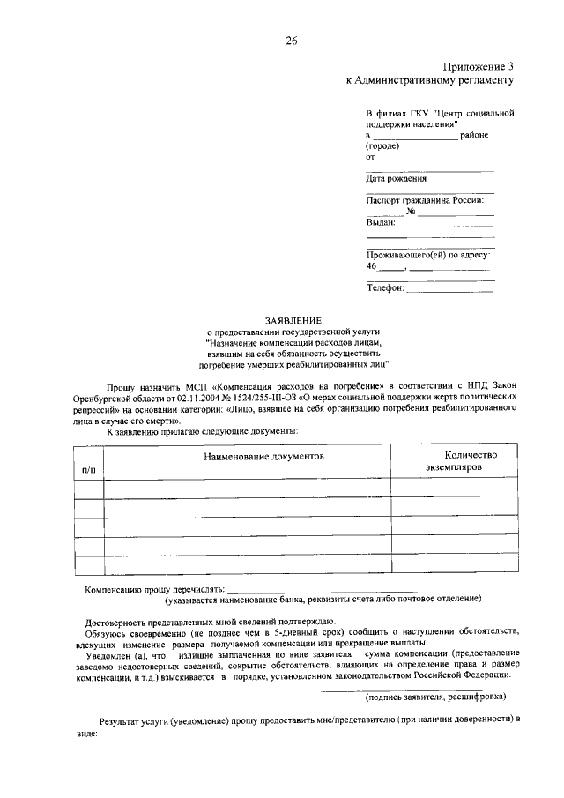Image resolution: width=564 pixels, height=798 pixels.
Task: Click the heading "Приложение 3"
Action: pyautogui.click(x=476, y=66)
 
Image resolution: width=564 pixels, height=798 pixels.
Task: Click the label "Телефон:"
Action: pyautogui.click(x=385, y=287)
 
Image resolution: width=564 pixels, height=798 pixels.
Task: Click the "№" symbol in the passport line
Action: pyautogui.click(x=411, y=212)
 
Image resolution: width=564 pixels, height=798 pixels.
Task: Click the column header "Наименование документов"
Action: pyautogui.click(x=264, y=457)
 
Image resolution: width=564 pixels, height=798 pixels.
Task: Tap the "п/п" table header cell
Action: pyautogui.click(x=89, y=472)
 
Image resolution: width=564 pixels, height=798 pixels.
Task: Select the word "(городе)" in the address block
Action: pyautogui.click(x=382, y=145)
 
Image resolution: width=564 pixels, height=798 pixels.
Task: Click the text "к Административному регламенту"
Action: pyautogui.click(x=429, y=80)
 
